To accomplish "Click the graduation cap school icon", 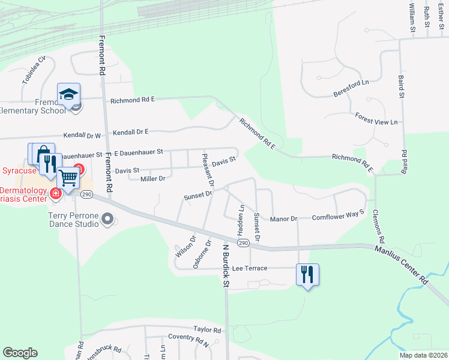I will click(69, 95).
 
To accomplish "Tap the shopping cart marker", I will click(68, 178).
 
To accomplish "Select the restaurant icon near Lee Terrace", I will click(307, 275).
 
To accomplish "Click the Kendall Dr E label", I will click(130, 131).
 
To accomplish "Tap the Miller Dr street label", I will click(152, 179).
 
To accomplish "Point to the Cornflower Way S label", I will click(338, 215).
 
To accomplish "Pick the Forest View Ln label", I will click(376, 118).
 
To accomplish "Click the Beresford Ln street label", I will click(351, 88).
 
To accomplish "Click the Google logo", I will click(20, 353).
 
